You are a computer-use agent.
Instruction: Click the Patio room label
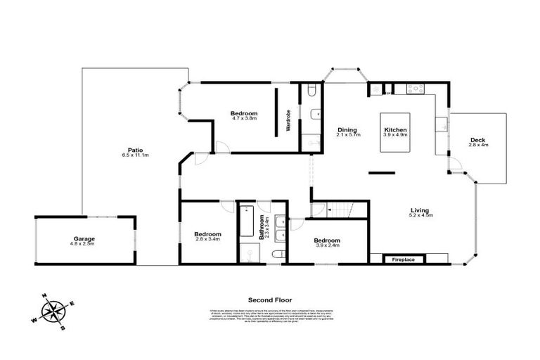coord(131,149)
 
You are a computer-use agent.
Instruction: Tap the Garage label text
coord(85,238)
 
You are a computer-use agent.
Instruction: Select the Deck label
coord(477,139)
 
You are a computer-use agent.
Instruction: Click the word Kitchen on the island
coord(395,130)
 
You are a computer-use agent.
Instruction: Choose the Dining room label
coord(347,129)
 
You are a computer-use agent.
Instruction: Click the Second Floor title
coord(270,299)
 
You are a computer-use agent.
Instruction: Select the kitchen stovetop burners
coord(414,89)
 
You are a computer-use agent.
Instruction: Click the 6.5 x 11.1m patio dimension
coord(131,155)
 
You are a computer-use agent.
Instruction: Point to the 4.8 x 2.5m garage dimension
coord(85,244)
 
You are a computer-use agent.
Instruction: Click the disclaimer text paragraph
coord(270,316)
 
